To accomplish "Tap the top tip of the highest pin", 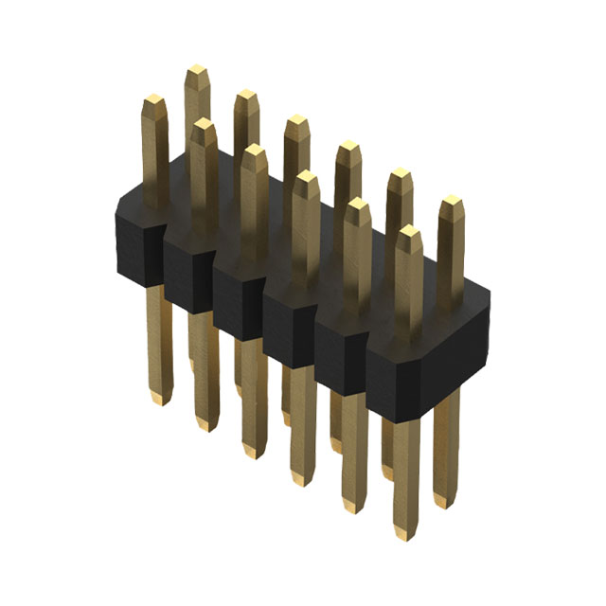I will click(197, 71).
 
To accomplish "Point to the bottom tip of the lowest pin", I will click(406, 533).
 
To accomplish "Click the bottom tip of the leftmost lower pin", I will click(160, 399).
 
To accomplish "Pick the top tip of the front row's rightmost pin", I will click(408, 231).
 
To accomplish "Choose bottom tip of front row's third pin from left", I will click(254, 452).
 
